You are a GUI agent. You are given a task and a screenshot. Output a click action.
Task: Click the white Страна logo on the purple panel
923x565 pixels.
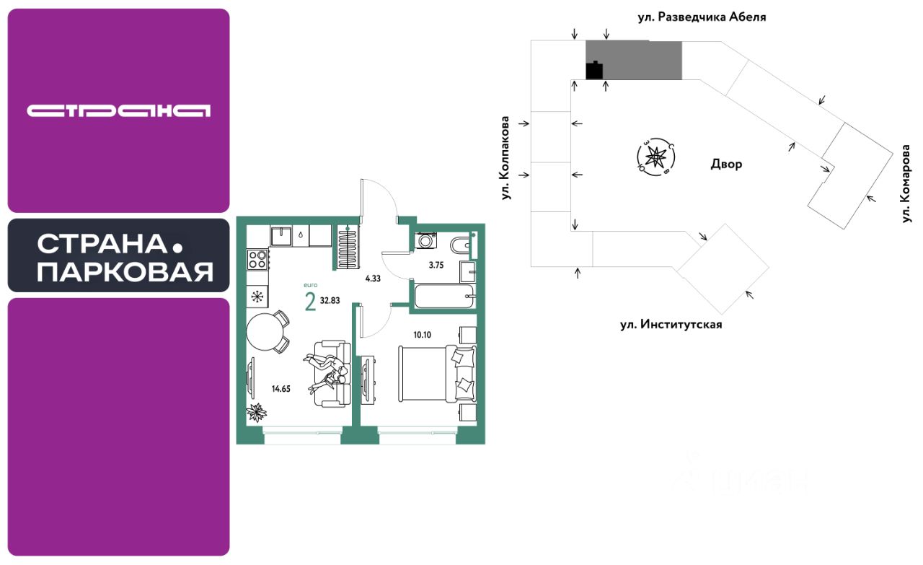[x=119, y=110]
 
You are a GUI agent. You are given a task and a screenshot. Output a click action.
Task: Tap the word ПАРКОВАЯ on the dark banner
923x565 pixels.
[x=125, y=273]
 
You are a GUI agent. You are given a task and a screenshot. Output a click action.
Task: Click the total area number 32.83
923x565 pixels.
[x=330, y=301]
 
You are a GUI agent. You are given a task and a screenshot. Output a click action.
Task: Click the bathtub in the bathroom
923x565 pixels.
[x=443, y=296]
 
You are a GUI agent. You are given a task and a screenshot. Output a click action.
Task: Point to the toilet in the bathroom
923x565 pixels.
[x=461, y=245]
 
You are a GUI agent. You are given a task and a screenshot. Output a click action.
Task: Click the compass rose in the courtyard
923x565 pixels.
[x=655, y=156]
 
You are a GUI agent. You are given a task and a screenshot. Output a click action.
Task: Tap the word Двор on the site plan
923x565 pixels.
[x=725, y=165]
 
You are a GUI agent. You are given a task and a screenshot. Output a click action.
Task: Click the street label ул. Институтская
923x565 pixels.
[x=671, y=325]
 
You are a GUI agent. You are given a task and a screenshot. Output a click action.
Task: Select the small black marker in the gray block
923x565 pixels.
[x=595, y=71]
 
